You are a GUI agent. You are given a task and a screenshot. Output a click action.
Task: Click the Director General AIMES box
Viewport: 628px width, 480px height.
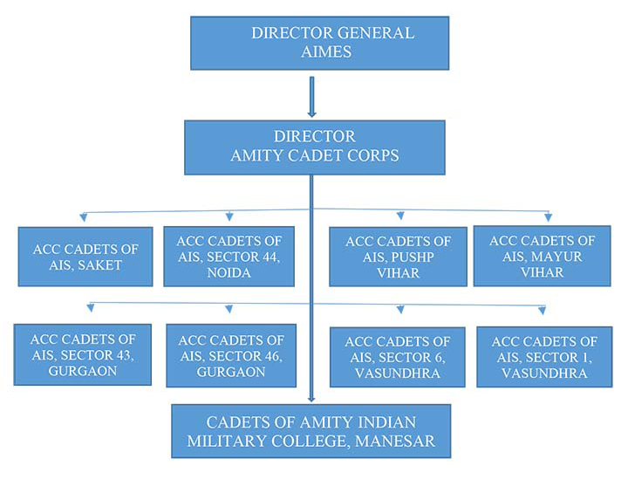[319, 44]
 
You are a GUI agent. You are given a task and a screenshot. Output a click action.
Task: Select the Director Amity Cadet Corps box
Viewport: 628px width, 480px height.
[315, 147]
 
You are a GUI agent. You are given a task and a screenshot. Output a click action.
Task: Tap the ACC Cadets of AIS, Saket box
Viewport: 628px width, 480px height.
[85, 257]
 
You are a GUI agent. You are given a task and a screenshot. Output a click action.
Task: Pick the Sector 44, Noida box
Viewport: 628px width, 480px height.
[229, 257]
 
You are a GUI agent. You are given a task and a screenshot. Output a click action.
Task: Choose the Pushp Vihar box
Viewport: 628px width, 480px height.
[398, 257]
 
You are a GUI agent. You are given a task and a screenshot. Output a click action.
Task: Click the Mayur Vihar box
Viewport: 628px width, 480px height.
[543, 256]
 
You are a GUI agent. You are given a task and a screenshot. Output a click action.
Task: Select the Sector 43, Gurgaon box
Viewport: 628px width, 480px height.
[83, 354]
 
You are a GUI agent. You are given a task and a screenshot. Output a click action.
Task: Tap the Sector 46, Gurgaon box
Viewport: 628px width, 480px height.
[231, 356]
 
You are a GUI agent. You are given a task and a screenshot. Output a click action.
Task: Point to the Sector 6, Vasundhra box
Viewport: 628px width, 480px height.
[398, 357]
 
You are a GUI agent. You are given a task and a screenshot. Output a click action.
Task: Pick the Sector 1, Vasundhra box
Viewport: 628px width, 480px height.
[544, 357]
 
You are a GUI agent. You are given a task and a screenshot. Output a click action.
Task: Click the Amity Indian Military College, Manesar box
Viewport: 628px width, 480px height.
[311, 431]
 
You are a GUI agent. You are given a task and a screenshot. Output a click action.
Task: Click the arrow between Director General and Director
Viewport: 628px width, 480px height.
[312, 97]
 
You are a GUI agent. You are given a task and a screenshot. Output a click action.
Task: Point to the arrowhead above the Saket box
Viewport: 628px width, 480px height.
[84, 217]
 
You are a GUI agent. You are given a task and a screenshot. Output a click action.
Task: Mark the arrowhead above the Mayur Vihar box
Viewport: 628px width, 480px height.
[549, 217]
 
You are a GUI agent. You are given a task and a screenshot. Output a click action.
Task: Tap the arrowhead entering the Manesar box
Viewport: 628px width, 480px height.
[311, 399]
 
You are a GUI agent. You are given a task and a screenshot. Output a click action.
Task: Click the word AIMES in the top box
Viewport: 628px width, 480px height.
[326, 51]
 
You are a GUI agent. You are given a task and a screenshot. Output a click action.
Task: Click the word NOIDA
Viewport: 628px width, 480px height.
[229, 273]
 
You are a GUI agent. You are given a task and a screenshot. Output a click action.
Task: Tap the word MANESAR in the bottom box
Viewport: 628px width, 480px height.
[395, 441]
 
